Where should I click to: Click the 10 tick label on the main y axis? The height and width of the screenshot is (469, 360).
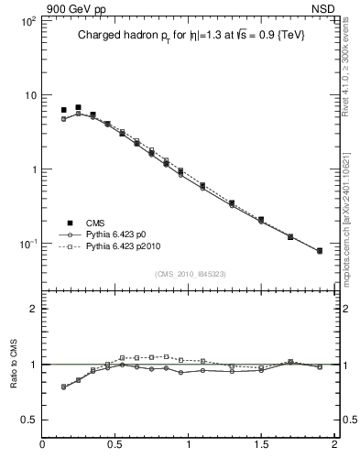(28, 95)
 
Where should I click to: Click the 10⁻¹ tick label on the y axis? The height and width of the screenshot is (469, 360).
(27, 244)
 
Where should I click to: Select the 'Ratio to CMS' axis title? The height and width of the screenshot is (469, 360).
(14, 365)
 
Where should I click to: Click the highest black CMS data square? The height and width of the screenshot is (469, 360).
(78, 108)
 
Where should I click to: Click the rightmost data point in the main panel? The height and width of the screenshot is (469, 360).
(320, 251)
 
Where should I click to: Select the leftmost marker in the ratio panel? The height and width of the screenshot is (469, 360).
(63, 387)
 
